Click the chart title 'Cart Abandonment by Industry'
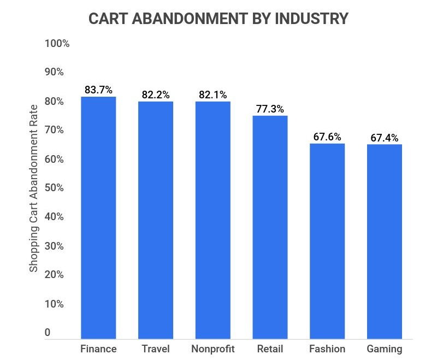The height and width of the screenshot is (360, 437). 218,19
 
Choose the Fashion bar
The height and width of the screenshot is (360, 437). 327,241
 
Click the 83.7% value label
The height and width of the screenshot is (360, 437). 98,90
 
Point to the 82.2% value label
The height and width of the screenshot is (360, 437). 156,95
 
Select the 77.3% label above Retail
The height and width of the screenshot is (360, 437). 270,109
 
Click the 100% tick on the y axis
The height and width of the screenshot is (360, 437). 57,44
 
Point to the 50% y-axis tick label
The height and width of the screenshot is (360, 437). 55,188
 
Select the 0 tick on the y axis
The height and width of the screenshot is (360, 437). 48,333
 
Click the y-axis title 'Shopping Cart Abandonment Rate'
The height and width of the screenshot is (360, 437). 34,188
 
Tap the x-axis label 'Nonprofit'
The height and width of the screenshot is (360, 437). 212,349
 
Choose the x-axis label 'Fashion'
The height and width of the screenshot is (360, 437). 327,349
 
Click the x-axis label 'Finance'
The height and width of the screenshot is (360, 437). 98,349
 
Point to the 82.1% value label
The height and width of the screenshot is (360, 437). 212,95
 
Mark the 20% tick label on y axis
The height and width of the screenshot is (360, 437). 55,275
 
